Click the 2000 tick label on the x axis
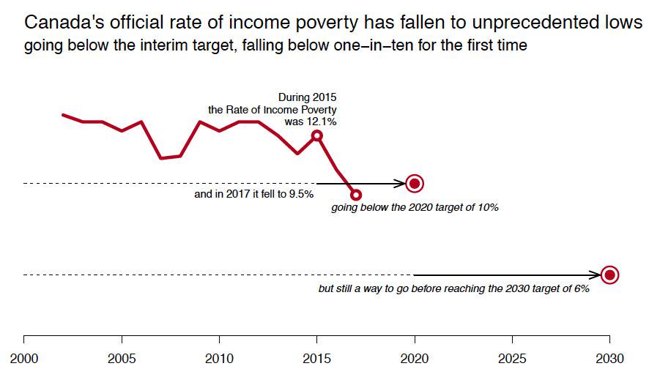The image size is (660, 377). (x=24, y=359)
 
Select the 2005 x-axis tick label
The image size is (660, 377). (x=122, y=359)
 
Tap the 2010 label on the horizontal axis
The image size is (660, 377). (x=219, y=359)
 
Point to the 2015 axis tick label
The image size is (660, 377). (x=316, y=359)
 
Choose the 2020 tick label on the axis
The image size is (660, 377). (x=414, y=359)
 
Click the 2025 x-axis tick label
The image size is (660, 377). (x=511, y=359)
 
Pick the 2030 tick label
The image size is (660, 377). (x=609, y=359)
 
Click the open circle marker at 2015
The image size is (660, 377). (x=316, y=135)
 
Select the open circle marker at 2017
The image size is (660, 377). (x=356, y=195)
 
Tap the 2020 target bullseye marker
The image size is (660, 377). (x=415, y=183)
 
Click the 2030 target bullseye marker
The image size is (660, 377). (x=609, y=275)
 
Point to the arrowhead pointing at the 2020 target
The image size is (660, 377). (x=400, y=183)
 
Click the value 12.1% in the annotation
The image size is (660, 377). (x=322, y=122)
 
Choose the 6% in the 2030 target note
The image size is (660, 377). (x=580, y=289)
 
